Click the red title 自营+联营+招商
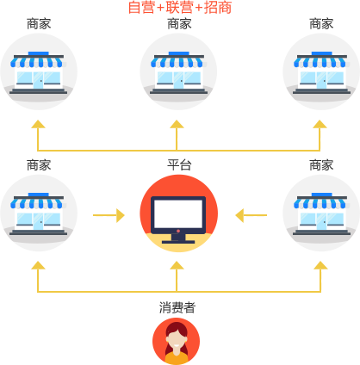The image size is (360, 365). (x=180, y=8)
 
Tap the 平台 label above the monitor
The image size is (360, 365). (x=179, y=165)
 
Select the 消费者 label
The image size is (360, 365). (x=177, y=307)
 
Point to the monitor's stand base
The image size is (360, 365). (x=178, y=242)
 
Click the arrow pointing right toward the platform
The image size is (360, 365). (x=109, y=215)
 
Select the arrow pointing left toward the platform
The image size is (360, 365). (x=251, y=215)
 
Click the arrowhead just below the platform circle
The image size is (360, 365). (x=177, y=265)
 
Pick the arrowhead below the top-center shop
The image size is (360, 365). (x=177, y=124)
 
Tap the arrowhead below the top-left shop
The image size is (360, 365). (x=38, y=124)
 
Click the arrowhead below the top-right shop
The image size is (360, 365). (x=320, y=124)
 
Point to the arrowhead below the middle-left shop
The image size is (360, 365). (x=38, y=265)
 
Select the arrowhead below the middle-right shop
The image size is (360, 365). (x=320, y=265)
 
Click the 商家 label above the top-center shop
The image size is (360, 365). (x=179, y=24)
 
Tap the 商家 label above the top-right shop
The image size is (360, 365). (x=321, y=24)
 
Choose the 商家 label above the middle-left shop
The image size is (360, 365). (x=39, y=165)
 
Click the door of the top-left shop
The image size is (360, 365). (x=38, y=80)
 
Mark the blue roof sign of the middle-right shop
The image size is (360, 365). (x=322, y=195)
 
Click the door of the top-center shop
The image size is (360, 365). (x=178, y=80)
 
